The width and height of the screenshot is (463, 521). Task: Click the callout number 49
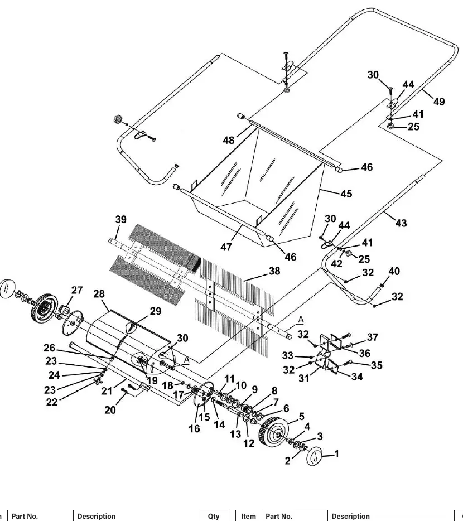click(439, 102)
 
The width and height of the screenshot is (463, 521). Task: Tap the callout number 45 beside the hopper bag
click(346, 194)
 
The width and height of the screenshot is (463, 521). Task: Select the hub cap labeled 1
click(314, 456)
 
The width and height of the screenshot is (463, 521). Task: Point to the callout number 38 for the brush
click(274, 271)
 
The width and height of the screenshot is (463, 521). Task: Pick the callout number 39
click(120, 220)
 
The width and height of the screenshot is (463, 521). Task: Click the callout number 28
click(99, 294)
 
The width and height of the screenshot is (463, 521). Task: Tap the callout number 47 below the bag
click(226, 247)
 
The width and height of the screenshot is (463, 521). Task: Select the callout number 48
click(228, 140)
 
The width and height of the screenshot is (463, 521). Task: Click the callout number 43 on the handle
click(401, 223)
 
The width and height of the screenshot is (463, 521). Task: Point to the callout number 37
click(372, 337)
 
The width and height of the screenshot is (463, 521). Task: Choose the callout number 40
click(394, 272)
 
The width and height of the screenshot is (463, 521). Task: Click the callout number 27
click(77, 291)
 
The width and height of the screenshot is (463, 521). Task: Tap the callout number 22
click(51, 402)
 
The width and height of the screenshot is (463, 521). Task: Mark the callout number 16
click(195, 429)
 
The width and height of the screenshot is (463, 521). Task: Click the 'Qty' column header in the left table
click(214, 517)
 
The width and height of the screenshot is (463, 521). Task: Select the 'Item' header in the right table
click(248, 517)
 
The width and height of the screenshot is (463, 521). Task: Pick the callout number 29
click(156, 311)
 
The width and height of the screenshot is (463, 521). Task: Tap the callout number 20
click(110, 411)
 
